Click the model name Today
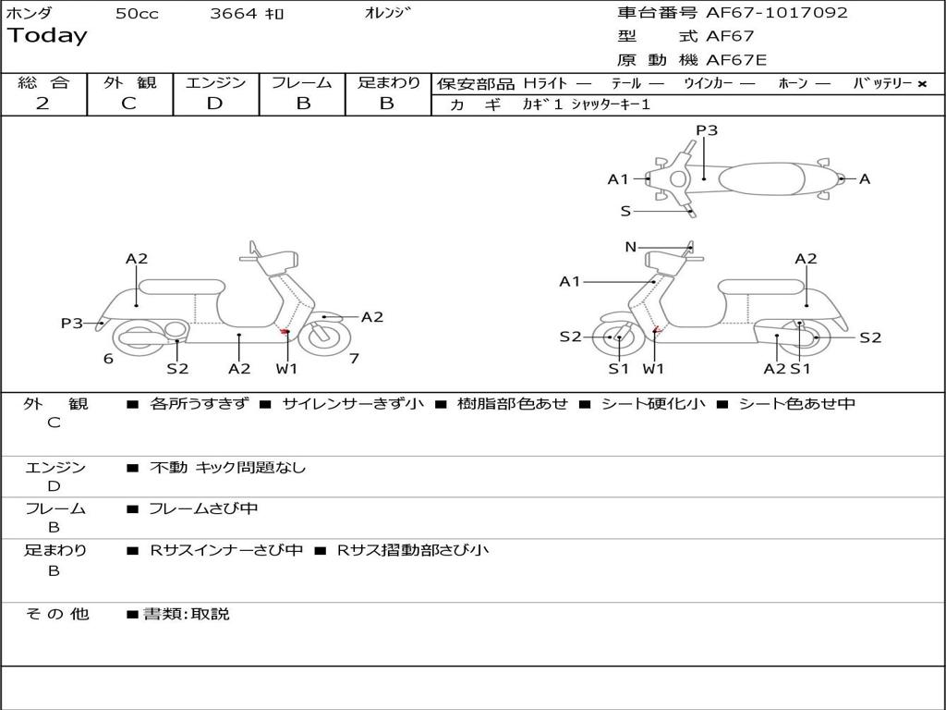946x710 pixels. pyautogui.click(x=47, y=36)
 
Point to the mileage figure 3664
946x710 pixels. pyautogui.click(x=235, y=14)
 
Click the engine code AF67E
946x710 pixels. pyautogui.click(x=736, y=61)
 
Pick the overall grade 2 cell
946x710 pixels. pyautogui.click(x=42, y=104)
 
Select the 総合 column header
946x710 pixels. pyautogui.click(x=43, y=82)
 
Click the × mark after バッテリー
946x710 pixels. pyautogui.click(x=921, y=83)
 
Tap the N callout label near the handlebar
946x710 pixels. pyautogui.click(x=631, y=247)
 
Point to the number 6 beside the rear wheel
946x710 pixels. pyautogui.click(x=108, y=359)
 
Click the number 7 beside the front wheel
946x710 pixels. pyautogui.click(x=354, y=359)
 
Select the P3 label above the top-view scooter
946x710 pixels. pyautogui.click(x=707, y=130)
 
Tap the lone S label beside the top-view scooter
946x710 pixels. pyautogui.click(x=625, y=212)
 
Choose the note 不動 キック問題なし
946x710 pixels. pyautogui.click(x=227, y=468)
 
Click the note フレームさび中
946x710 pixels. pyautogui.click(x=203, y=508)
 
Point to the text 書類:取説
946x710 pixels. pyautogui.click(x=186, y=614)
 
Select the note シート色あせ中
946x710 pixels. pyautogui.click(x=796, y=404)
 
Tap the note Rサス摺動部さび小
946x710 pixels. pyautogui.click(x=412, y=551)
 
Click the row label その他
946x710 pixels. pyautogui.click(x=56, y=614)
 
